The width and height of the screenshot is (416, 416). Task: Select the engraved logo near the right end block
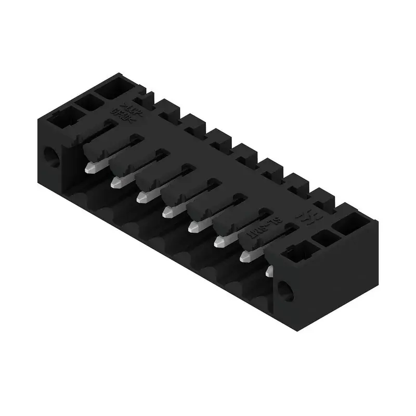point(302,217)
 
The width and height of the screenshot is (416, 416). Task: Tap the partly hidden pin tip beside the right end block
point(269,270)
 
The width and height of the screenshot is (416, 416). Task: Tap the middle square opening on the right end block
point(326,238)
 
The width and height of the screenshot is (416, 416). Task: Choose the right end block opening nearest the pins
point(296,254)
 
